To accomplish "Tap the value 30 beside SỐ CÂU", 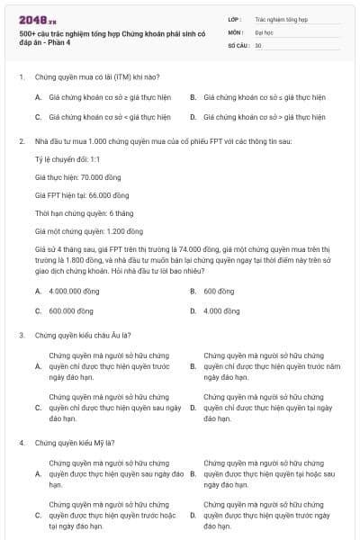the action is coord(258,44).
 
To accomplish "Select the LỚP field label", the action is coord(235,18).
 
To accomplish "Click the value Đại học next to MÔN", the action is coord(264,31).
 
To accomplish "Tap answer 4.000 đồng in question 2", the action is coord(221,311).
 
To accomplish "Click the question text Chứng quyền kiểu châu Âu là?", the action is coord(82,335).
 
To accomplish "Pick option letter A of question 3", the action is coord(38,367).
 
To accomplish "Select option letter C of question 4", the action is coord(38,516).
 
